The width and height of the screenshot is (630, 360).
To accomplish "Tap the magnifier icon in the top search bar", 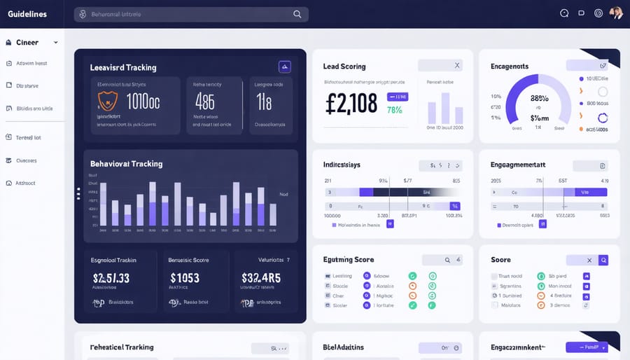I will pos(297,14).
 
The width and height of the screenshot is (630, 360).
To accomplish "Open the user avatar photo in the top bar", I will pos(616,13).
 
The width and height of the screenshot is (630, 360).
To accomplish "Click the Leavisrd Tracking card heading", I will pos(123,68).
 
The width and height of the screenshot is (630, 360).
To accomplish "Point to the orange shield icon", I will pos(107,101).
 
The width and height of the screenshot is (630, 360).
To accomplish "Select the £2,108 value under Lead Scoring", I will pos(352,102).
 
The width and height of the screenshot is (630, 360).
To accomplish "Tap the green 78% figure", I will pos(394,110).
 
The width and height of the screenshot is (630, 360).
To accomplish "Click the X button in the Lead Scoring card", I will pos(456,65).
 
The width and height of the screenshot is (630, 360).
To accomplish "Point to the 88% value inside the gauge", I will pos(539,99).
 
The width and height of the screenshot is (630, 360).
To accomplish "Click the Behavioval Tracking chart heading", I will pos(126,164).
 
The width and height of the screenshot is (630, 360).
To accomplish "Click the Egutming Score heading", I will pos(348,260).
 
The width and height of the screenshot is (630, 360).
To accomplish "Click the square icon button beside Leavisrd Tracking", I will pos(284,67).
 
